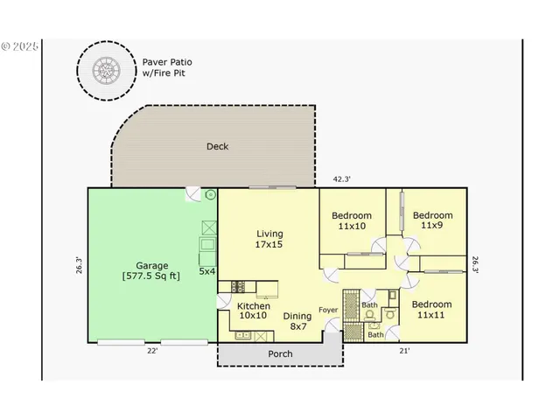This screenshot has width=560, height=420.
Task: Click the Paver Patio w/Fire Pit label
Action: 169,67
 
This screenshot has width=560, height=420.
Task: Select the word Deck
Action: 217,146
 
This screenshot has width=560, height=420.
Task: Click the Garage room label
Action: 152,265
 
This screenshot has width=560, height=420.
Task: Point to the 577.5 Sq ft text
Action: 152,276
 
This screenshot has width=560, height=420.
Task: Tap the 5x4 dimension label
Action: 206,271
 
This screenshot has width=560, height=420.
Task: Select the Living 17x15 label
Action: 269,239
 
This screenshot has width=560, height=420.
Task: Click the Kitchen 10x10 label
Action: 253,311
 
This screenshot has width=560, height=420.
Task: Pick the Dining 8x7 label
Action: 298,320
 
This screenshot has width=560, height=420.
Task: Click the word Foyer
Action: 328,309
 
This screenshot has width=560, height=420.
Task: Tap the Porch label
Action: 280,353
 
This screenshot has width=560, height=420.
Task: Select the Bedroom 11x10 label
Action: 351,220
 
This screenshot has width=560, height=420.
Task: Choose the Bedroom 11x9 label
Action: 432,220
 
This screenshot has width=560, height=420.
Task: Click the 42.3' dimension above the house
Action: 341,179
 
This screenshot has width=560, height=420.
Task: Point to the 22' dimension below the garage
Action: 152,351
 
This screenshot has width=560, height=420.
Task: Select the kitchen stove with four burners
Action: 237,286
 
